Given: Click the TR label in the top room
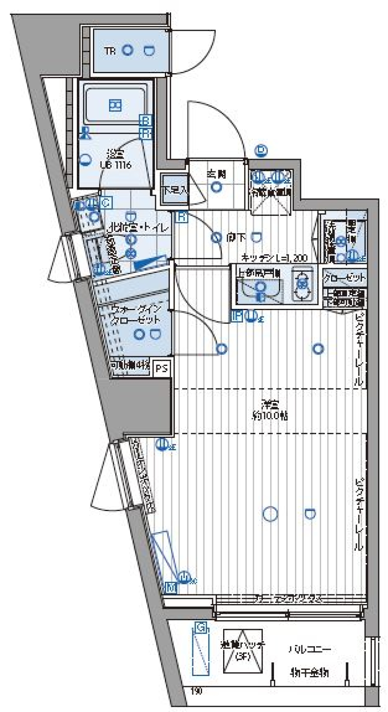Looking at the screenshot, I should pyautogui.click(x=110, y=51).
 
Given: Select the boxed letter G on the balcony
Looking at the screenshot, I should pyautogui.click(x=200, y=628).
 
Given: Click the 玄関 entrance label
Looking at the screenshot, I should pyautogui.click(x=217, y=174).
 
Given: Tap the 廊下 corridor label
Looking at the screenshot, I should pyautogui.click(x=236, y=238).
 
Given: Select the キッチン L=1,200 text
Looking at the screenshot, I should pyautogui.click(x=274, y=258).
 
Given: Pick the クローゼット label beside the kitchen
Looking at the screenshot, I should pyautogui.click(x=344, y=278).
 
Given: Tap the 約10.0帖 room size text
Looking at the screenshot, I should pyautogui.click(x=270, y=416).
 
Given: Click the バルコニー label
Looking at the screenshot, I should pyautogui.click(x=310, y=650).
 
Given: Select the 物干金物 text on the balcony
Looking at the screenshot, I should pyautogui.click(x=310, y=673).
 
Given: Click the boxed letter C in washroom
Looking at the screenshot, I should pyautogui.click(x=105, y=203).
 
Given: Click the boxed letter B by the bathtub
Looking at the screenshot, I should pyautogui.click(x=145, y=120).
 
